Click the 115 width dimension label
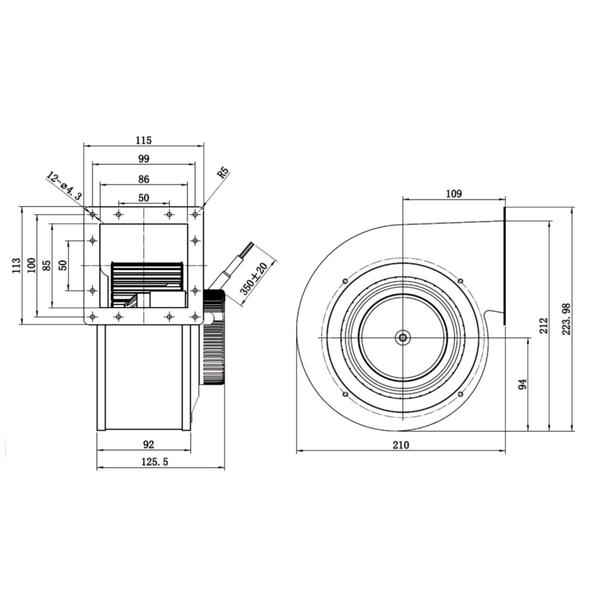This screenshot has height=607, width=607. tap(143, 140)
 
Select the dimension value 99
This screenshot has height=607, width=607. tap(144, 158)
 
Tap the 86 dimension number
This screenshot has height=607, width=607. tap(144, 179)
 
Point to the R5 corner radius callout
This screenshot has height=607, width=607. tap(223, 172)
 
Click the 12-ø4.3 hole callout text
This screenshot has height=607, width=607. tap(64, 185)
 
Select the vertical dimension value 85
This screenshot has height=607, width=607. tap(47, 265)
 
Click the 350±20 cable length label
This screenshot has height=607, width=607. tap(253, 279)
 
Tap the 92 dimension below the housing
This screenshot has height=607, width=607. tap(148, 444)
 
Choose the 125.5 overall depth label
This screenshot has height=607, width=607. tap(155, 462)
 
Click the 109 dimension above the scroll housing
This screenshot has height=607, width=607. tap(454, 193)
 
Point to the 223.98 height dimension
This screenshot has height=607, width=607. tap(566, 319)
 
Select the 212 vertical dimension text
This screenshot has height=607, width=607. tap(544, 326)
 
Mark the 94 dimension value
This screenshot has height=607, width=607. tap(522, 384)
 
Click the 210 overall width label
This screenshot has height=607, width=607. tap(401, 445)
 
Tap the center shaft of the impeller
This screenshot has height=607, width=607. tap(403, 337)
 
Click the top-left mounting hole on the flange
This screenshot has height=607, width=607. tap(93, 214)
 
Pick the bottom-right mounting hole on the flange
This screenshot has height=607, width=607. tap(195, 316)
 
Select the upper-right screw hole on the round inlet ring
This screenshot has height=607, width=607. tap(460, 281)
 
